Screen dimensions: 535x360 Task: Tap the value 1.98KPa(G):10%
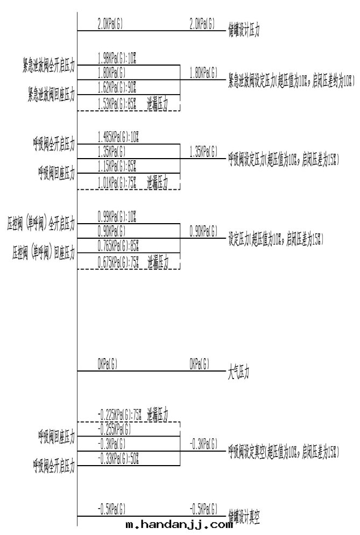[x=117, y=58]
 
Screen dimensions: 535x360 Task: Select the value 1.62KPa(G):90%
[x=117, y=85]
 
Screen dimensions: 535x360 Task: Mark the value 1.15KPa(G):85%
[x=117, y=165]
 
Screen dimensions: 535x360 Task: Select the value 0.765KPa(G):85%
[x=118, y=246]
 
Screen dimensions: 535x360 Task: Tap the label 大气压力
[x=239, y=372]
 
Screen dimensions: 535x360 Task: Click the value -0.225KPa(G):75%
[x=120, y=415]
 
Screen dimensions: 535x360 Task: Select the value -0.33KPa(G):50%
[x=118, y=458]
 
